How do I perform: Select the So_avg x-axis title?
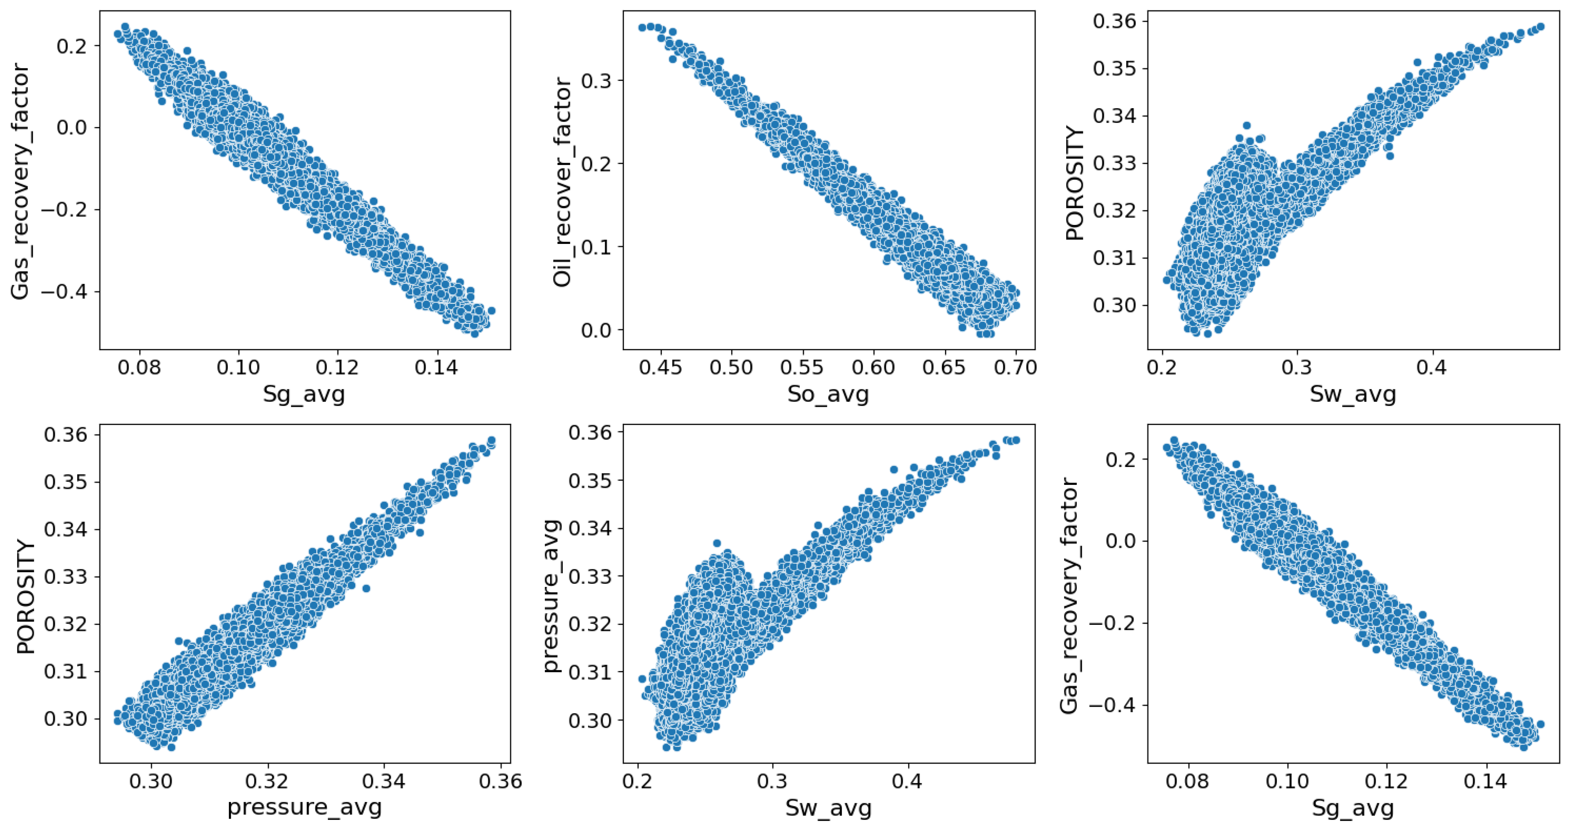(828, 394)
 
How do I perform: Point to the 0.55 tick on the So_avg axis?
(803, 367)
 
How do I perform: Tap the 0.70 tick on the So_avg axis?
(1016, 367)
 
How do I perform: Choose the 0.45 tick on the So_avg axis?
(661, 367)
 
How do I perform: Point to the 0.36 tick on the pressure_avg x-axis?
(501, 781)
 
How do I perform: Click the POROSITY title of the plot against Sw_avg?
(1075, 183)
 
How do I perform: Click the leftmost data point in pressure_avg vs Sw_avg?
(642, 678)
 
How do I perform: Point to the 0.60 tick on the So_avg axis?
(874, 367)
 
